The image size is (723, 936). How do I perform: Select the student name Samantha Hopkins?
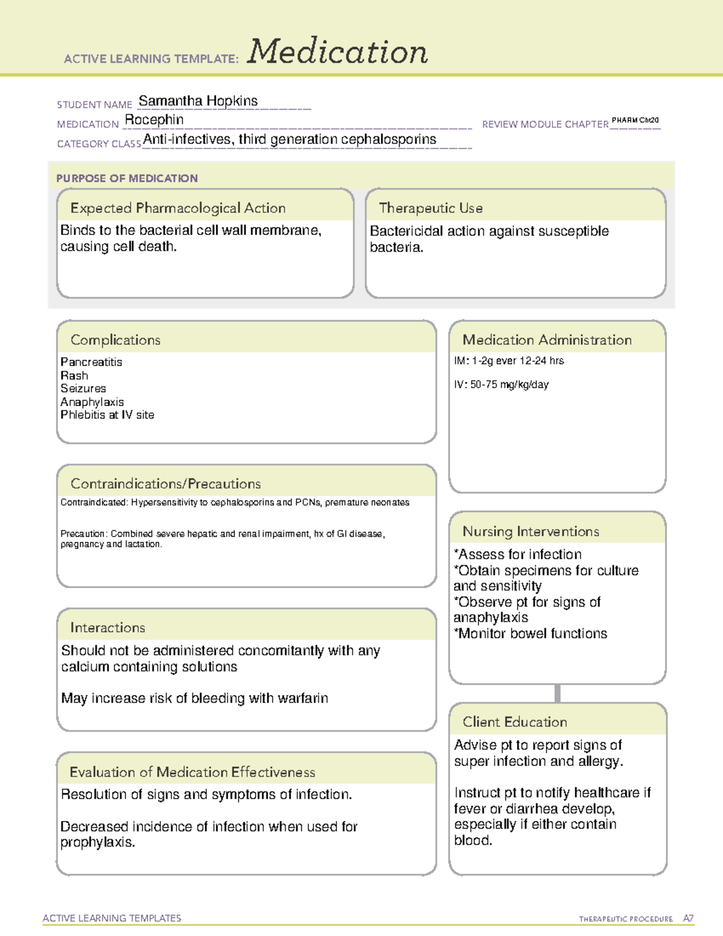pos(198,101)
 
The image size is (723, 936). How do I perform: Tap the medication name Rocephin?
pos(154,120)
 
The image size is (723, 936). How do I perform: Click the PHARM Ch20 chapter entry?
pos(635,121)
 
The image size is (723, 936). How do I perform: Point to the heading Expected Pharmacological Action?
pos(178,208)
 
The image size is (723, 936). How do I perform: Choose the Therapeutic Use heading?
pos(430,208)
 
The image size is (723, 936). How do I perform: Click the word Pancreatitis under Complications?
pos(91,362)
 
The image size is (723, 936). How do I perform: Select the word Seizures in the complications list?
pos(83,389)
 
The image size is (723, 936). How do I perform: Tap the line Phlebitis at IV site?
pos(107,415)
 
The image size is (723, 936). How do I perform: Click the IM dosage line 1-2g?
pos(509,361)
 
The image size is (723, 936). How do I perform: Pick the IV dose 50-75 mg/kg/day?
pos(501,385)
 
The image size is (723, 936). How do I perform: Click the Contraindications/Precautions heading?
pos(165,483)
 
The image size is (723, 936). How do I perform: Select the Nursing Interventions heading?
pos(530,531)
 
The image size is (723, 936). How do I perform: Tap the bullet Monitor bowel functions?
pos(531,633)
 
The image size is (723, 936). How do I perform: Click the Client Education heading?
pos(515,721)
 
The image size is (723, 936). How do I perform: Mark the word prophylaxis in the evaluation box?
pos(96,843)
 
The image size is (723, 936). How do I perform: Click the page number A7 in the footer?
pos(688,919)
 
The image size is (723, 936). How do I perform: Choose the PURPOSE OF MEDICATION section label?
pos(127,178)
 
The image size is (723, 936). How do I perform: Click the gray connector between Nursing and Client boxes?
pos(557,693)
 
